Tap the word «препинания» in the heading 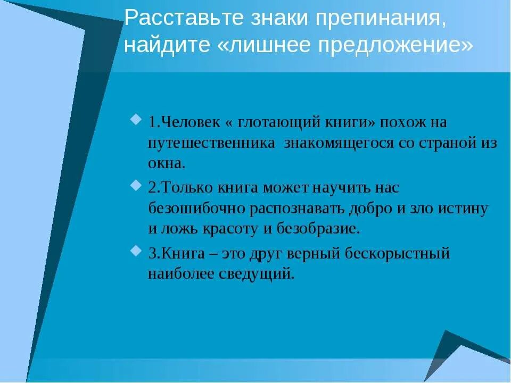pyautogui.click(x=380, y=20)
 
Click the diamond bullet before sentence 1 pyautogui.click(x=136, y=118)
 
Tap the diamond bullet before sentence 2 pyautogui.click(x=136, y=184)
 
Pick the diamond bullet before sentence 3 pyautogui.click(x=136, y=249)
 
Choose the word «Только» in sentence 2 pyautogui.click(x=189, y=188)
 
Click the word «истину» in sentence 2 pyautogui.click(x=463, y=209)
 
